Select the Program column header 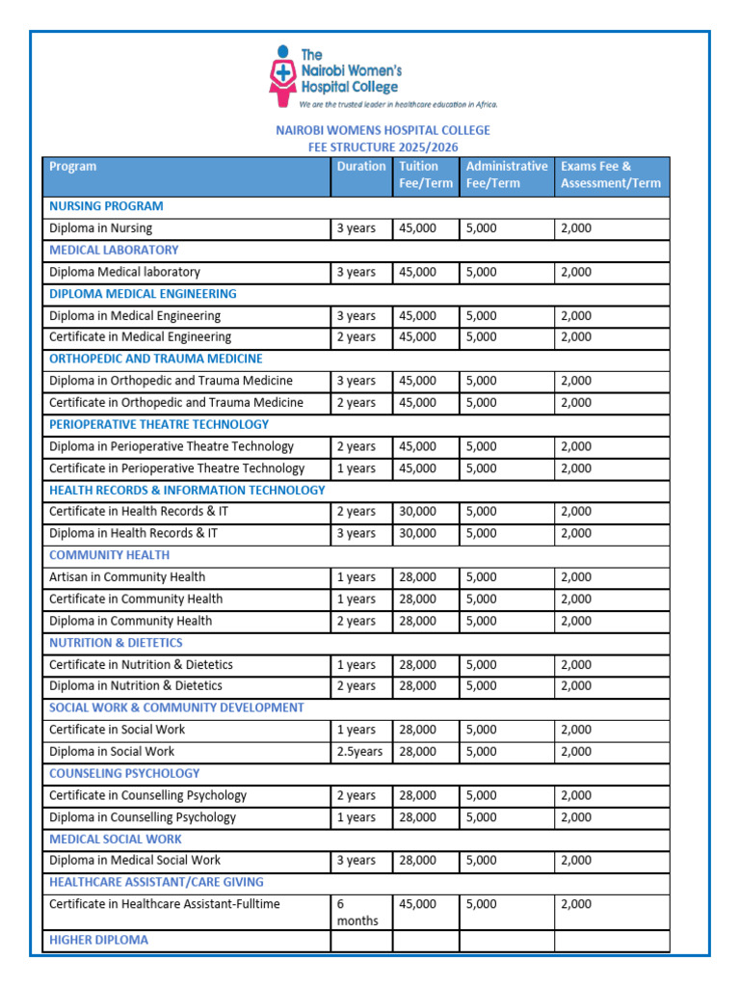[x=73, y=167]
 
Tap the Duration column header [x=361, y=167]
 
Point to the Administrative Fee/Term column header [x=507, y=174]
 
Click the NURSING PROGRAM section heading [x=106, y=206]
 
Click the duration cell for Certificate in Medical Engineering [x=357, y=337]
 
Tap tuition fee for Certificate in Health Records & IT [x=417, y=512]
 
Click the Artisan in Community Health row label [x=127, y=577]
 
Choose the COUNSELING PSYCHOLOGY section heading [x=124, y=773]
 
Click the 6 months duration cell [x=357, y=912]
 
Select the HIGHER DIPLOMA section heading [x=98, y=940]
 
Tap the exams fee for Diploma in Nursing [x=576, y=228]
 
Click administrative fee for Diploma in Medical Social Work [x=482, y=861]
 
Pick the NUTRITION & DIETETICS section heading [x=116, y=643]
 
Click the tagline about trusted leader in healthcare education [x=398, y=104]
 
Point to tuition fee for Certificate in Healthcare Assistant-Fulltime [x=417, y=904]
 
